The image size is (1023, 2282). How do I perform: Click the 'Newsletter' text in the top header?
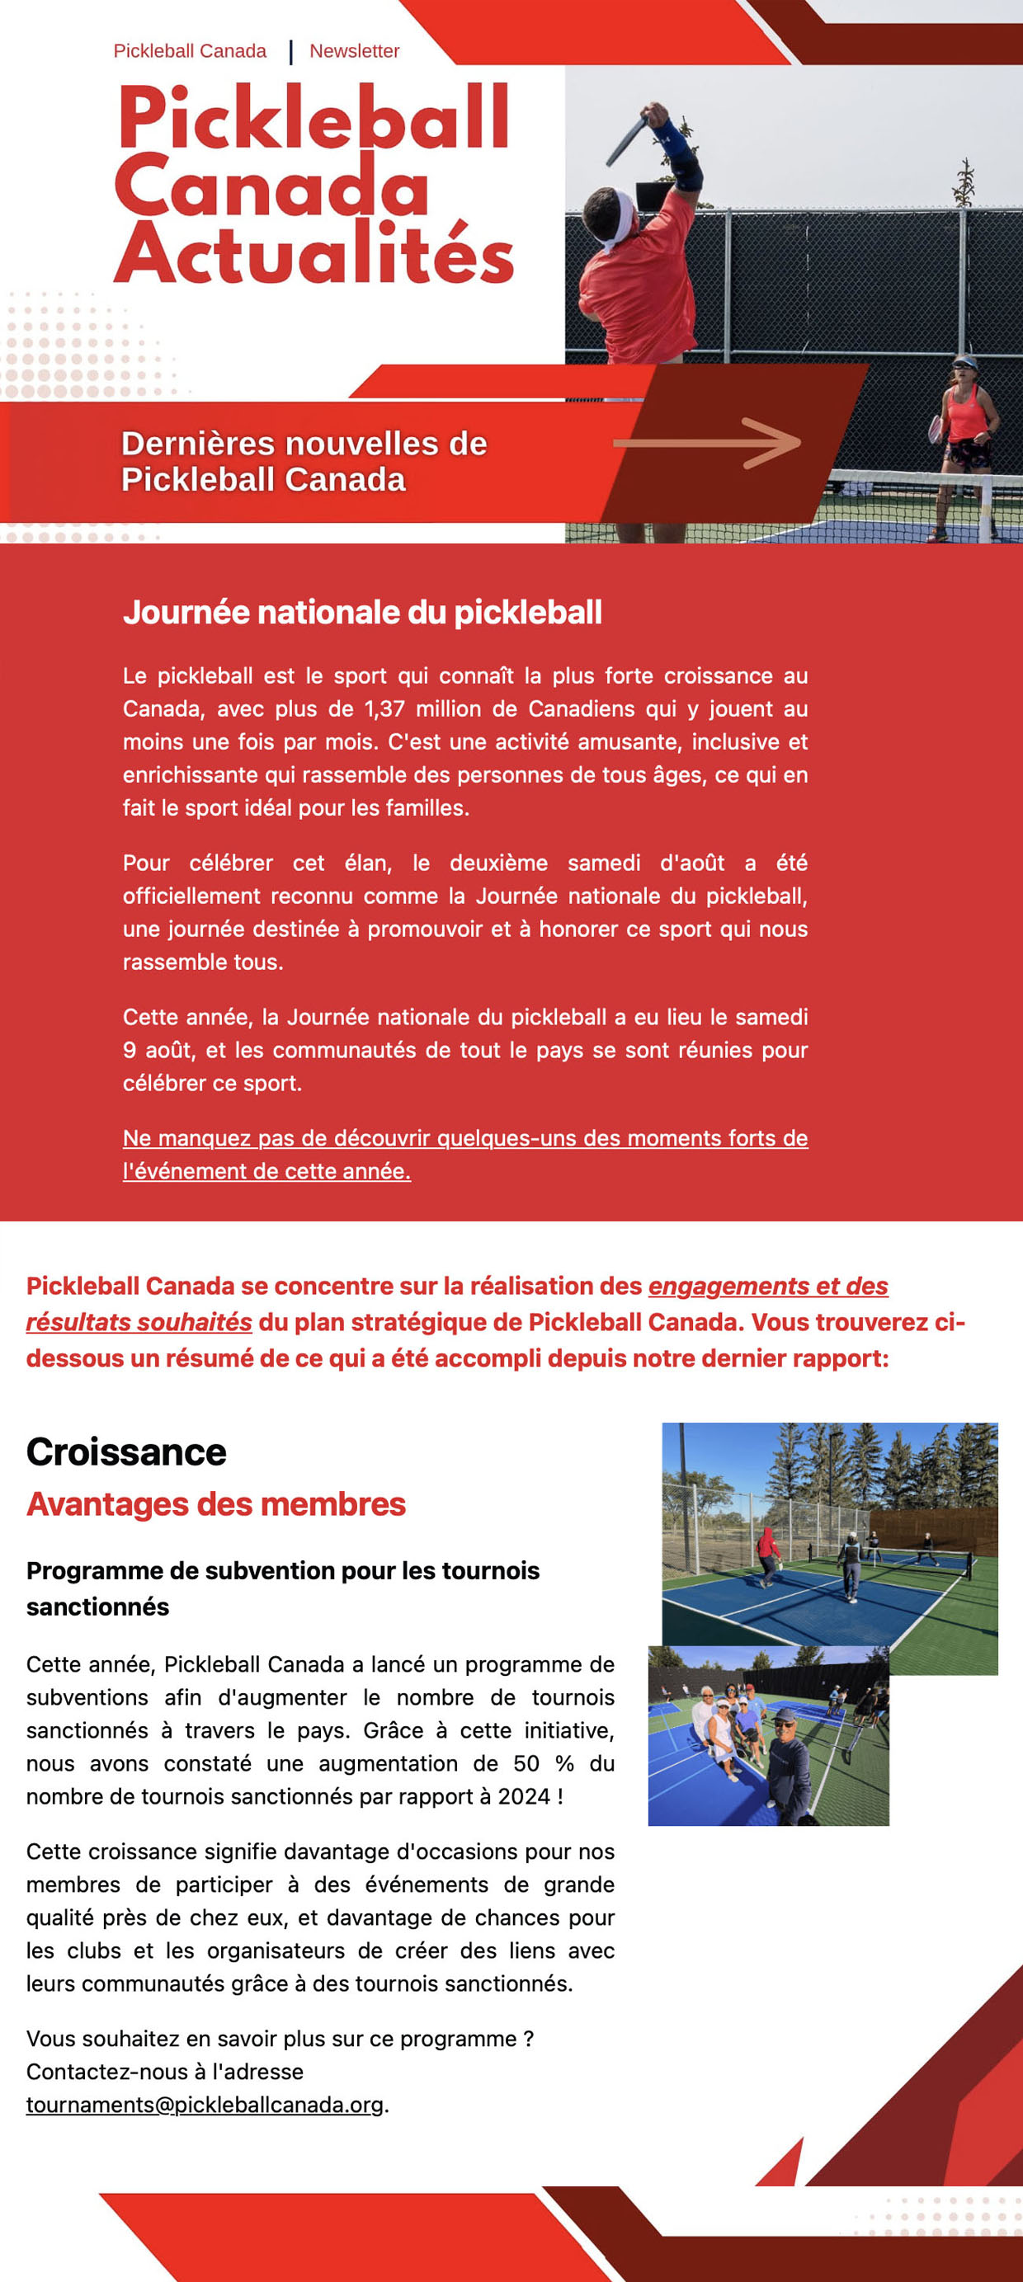[x=354, y=51]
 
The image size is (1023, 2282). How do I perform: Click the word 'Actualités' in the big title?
[x=313, y=254]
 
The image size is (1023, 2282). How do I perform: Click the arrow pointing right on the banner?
[x=709, y=442]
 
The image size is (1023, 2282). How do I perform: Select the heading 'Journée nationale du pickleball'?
[x=361, y=612]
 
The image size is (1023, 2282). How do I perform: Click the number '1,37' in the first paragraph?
[x=384, y=708]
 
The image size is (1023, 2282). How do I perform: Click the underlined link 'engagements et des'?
[x=768, y=1286]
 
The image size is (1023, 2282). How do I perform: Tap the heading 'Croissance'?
[x=126, y=1452]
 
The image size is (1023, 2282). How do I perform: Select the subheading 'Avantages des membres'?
[x=215, y=1504]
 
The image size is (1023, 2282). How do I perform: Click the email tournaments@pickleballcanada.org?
[x=204, y=2105]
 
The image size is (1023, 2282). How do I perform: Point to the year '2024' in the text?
[x=524, y=1795]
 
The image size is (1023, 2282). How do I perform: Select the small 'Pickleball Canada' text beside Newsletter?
[x=189, y=51]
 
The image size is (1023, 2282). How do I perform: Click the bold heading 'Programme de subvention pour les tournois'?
[x=282, y=1570]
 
